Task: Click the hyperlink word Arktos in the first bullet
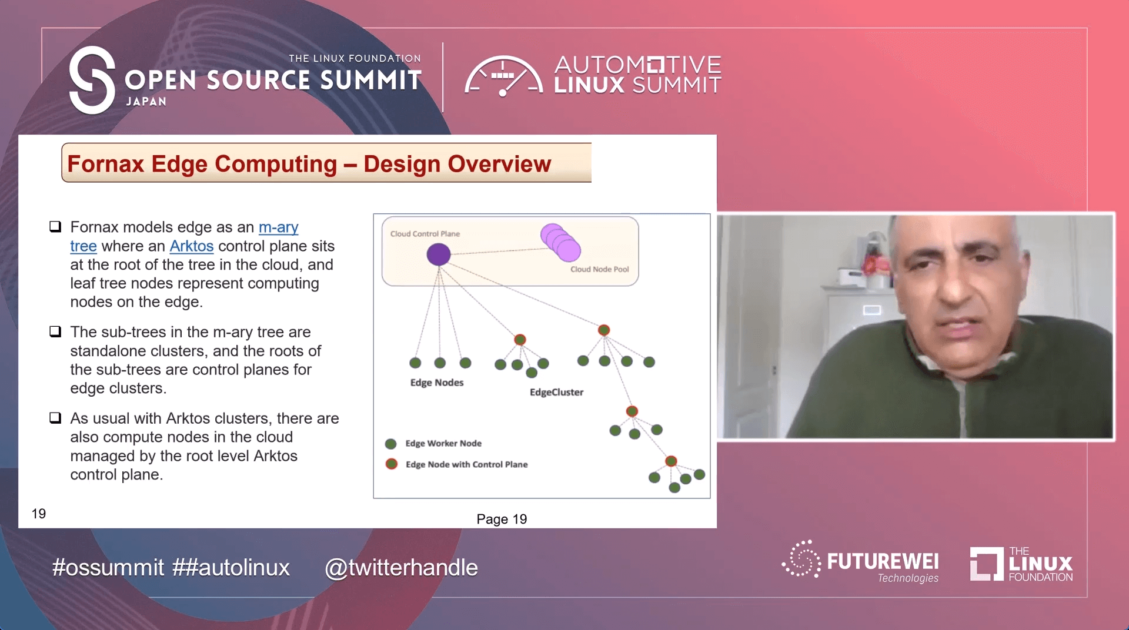coord(192,246)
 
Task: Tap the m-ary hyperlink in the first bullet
coord(279,227)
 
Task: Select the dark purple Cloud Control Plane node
coord(439,254)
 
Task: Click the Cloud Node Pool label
coord(600,269)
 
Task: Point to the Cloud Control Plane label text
coord(425,234)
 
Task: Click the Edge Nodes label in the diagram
coord(437,383)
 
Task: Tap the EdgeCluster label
coord(556,392)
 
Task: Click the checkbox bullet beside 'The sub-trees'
coord(55,331)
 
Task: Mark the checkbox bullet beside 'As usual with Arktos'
coord(55,418)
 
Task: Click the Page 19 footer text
coord(502,519)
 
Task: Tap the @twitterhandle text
coord(402,568)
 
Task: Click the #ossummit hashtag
coord(108,568)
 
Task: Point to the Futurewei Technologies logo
coord(860,561)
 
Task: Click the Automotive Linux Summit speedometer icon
coord(504,76)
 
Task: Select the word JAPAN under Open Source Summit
coord(146,102)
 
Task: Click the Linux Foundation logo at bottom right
coord(1021,564)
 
